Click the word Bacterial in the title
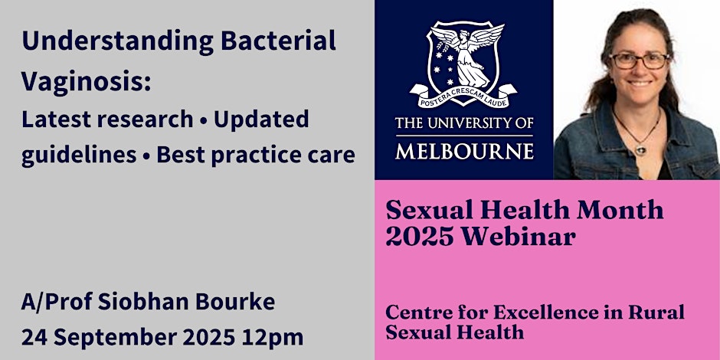(x=278, y=41)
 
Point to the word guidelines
(x=79, y=155)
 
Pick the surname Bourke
(x=235, y=302)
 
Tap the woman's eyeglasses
(x=639, y=61)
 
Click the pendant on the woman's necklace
(x=640, y=149)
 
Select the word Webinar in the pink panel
(x=518, y=237)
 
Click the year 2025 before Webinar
(x=421, y=237)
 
